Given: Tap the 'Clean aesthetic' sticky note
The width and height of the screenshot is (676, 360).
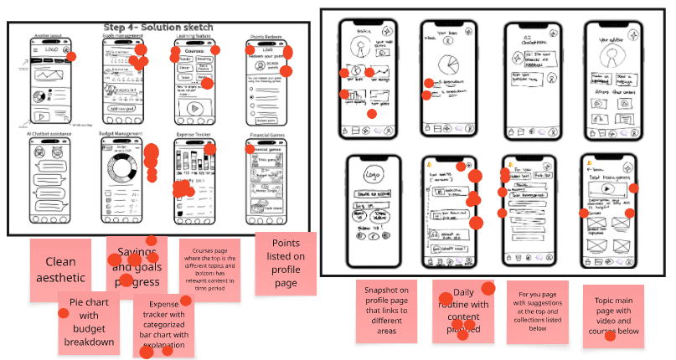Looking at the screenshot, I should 60,270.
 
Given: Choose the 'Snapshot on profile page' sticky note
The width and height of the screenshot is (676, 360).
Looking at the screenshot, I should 386,310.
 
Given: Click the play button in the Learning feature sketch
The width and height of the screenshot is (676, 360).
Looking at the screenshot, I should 195,108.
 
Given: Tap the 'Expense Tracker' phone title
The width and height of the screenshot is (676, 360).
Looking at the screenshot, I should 194,135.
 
